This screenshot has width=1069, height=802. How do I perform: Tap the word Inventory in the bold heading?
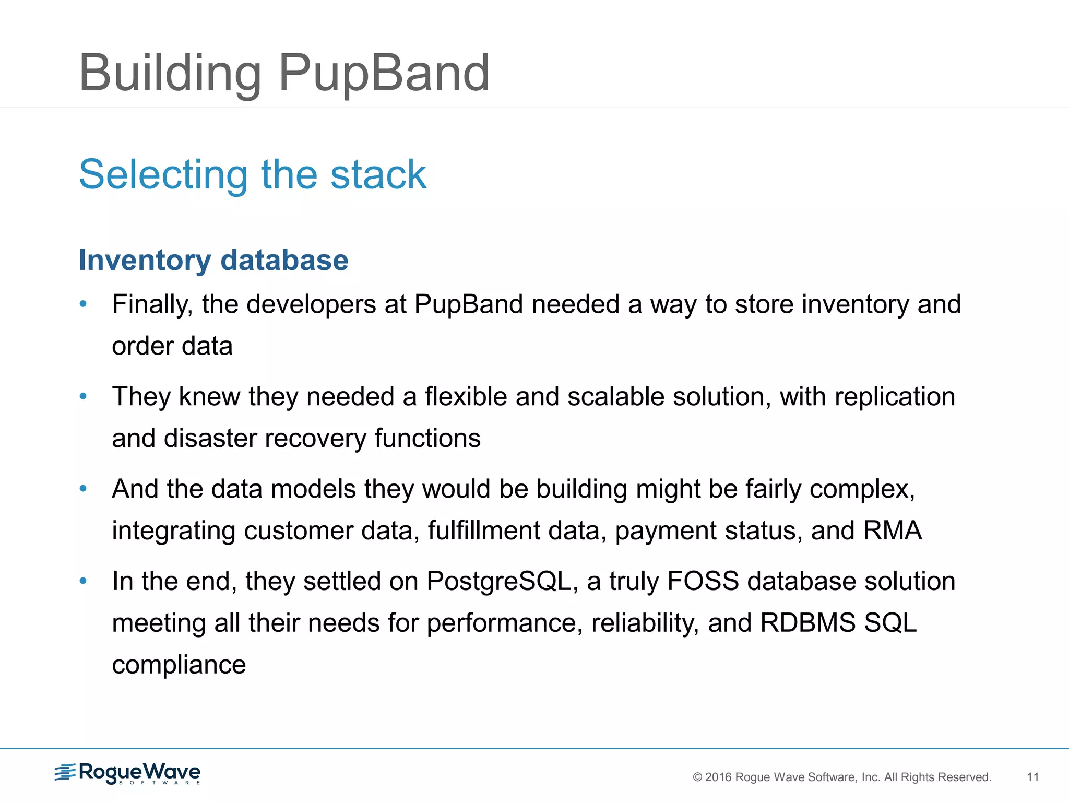click(145, 260)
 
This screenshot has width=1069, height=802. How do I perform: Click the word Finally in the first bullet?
click(152, 304)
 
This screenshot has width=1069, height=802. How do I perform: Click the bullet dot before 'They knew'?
click(83, 396)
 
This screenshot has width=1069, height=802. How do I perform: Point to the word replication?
click(895, 397)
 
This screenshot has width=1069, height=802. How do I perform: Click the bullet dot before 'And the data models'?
click(83, 489)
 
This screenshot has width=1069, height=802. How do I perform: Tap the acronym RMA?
click(893, 530)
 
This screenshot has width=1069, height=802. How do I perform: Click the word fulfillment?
click(483, 530)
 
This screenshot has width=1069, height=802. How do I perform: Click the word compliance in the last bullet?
click(179, 665)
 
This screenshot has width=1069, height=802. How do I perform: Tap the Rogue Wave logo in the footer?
click(128, 773)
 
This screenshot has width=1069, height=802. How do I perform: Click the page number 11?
click(1032, 777)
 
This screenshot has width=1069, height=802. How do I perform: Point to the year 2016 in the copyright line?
click(718, 777)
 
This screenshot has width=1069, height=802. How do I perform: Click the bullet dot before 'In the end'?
click(83, 581)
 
